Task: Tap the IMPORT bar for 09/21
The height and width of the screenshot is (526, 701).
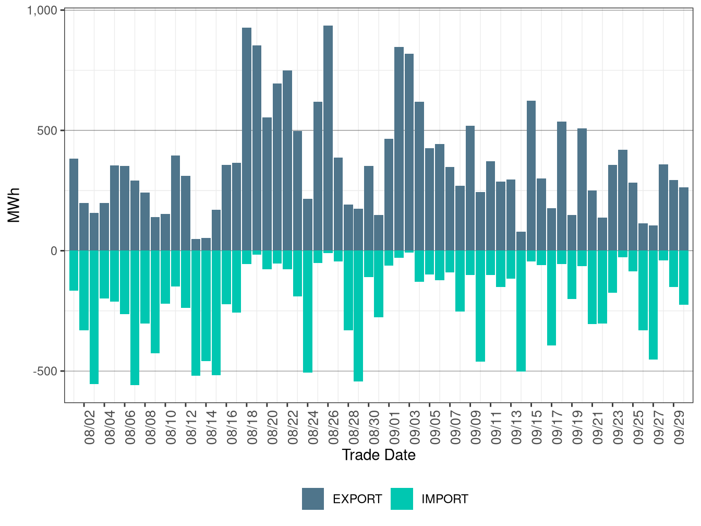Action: [592, 288]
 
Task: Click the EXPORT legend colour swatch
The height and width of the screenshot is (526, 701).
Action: [313, 499]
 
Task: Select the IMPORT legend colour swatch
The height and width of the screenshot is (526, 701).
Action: [402, 499]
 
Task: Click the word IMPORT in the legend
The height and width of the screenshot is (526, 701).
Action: [444, 499]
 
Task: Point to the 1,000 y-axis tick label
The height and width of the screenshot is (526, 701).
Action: [42, 10]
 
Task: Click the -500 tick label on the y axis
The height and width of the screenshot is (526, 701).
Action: [45, 371]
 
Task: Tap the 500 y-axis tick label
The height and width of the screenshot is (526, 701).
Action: [47, 130]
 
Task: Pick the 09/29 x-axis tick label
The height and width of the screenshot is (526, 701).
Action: [679, 428]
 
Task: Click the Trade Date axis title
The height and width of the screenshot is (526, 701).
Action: [379, 455]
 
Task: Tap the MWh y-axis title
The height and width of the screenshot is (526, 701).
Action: [15, 205]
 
